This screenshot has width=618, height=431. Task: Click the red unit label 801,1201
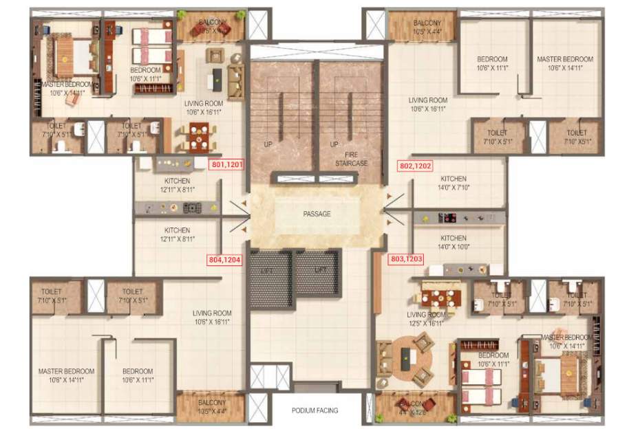pos(226,165)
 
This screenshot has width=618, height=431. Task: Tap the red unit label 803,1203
pos(407,260)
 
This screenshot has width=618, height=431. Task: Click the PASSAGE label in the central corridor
pos(317,214)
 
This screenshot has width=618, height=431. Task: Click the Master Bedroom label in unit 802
pos(564,63)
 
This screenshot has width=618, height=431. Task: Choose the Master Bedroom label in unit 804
pos(66,375)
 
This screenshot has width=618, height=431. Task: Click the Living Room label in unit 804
pos(212,317)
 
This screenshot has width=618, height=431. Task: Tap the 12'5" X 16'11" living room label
pos(423,318)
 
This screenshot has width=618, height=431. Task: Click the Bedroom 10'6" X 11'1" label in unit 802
pos(492,63)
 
